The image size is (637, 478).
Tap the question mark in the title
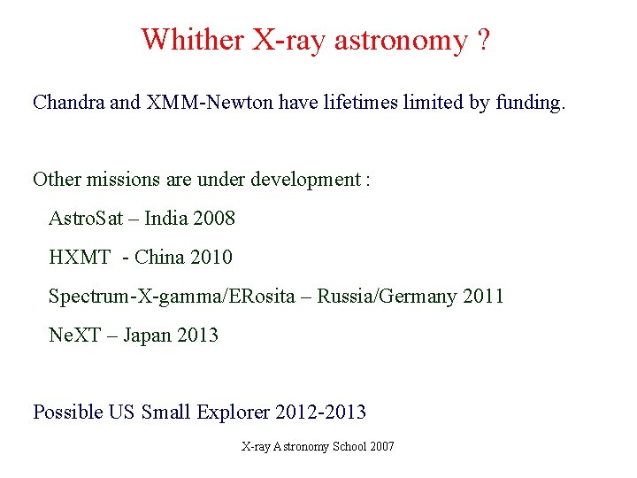(482, 40)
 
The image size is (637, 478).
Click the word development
(306, 180)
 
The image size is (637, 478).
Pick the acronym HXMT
(80, 258)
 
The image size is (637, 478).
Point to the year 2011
(483, 297)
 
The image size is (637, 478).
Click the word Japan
(147, 335)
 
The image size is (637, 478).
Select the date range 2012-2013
(321, 412)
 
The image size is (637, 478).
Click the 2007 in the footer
(382, 446)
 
